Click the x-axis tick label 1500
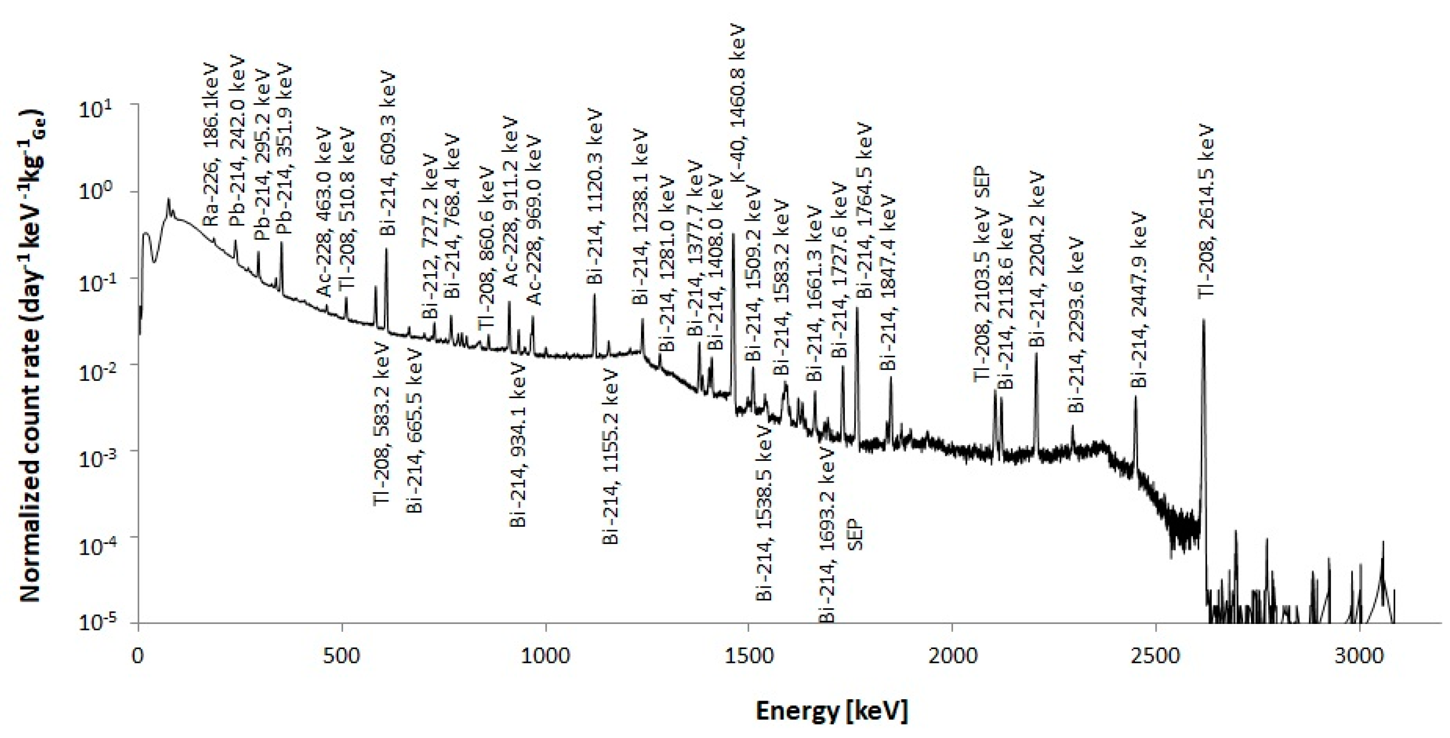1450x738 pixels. (748, 656)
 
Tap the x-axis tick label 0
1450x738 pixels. (139, 656)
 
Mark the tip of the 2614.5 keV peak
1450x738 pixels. (1203, 319)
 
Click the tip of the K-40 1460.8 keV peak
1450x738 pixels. (733, 233)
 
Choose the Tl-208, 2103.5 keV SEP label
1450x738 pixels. (982, 276)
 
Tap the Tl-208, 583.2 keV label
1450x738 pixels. (381, 423)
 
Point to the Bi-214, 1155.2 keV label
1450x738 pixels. (610, 457)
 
